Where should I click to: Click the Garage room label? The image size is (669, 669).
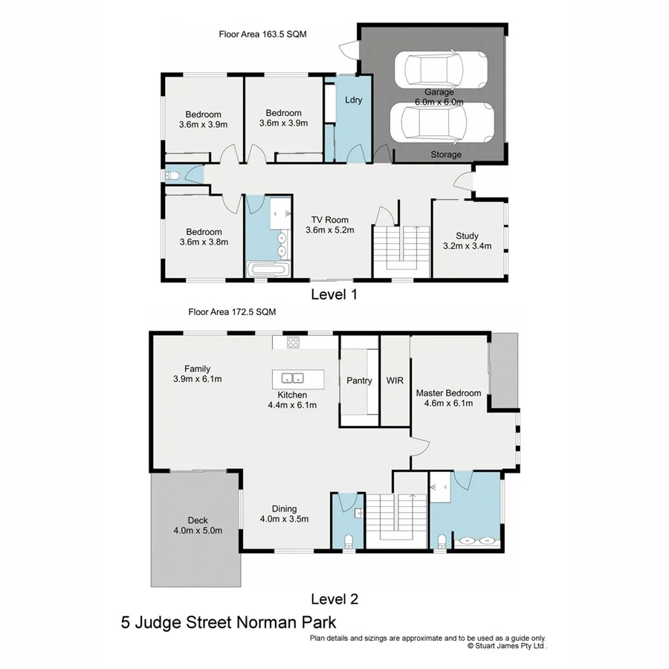(x=439, y=92)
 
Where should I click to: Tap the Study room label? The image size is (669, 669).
(x=467, y=236)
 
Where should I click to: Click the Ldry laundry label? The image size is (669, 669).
(x=354, y=100)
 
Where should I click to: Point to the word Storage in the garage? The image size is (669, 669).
(x=446, y=155)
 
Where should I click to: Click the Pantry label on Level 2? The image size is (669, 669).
(x=359, y=381)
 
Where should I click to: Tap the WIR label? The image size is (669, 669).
(x=394, y=381)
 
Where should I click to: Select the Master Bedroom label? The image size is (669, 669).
(x=448, y=393)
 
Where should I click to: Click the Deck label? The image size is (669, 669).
(x=198, y=520)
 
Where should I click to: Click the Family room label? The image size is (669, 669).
(x=198, y=369)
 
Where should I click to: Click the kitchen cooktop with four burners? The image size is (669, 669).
(x=294, y=343)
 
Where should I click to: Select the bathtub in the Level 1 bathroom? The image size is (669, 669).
(x=268, y=270)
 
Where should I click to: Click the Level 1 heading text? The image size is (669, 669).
(x=334, y=294)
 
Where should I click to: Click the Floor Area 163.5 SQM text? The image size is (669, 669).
(x=262, y=34)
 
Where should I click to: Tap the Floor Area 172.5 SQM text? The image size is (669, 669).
(x=232, y=312)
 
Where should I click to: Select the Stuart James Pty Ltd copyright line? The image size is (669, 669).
(x=507, y=647)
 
